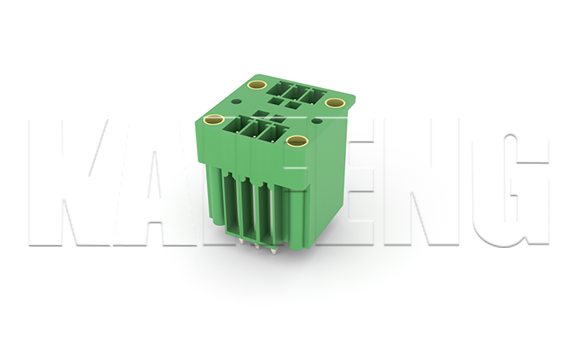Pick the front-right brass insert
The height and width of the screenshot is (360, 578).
[x=296, y=141]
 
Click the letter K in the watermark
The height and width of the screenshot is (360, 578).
[x=71, y=184]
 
